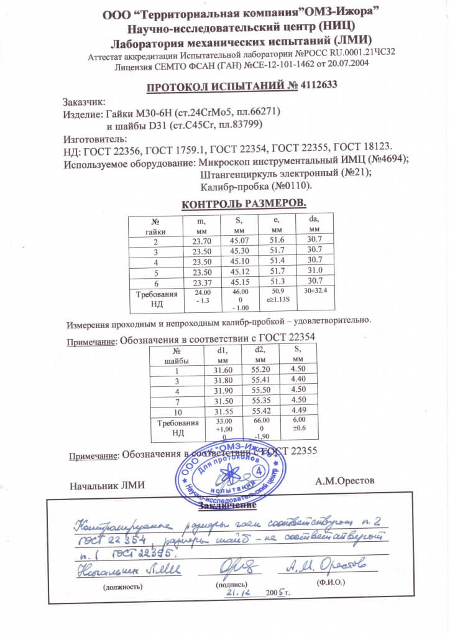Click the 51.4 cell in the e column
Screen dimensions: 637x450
click(x=278, y=261)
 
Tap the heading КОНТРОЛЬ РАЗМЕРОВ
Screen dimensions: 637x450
click(x=243, y=204)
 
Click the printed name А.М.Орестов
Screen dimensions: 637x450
click(x=346, y=481)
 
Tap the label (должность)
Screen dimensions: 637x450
click(x=124, y=586)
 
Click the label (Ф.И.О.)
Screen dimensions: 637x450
click(x=331, y=583)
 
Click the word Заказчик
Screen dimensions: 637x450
click(x=85, y=103)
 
